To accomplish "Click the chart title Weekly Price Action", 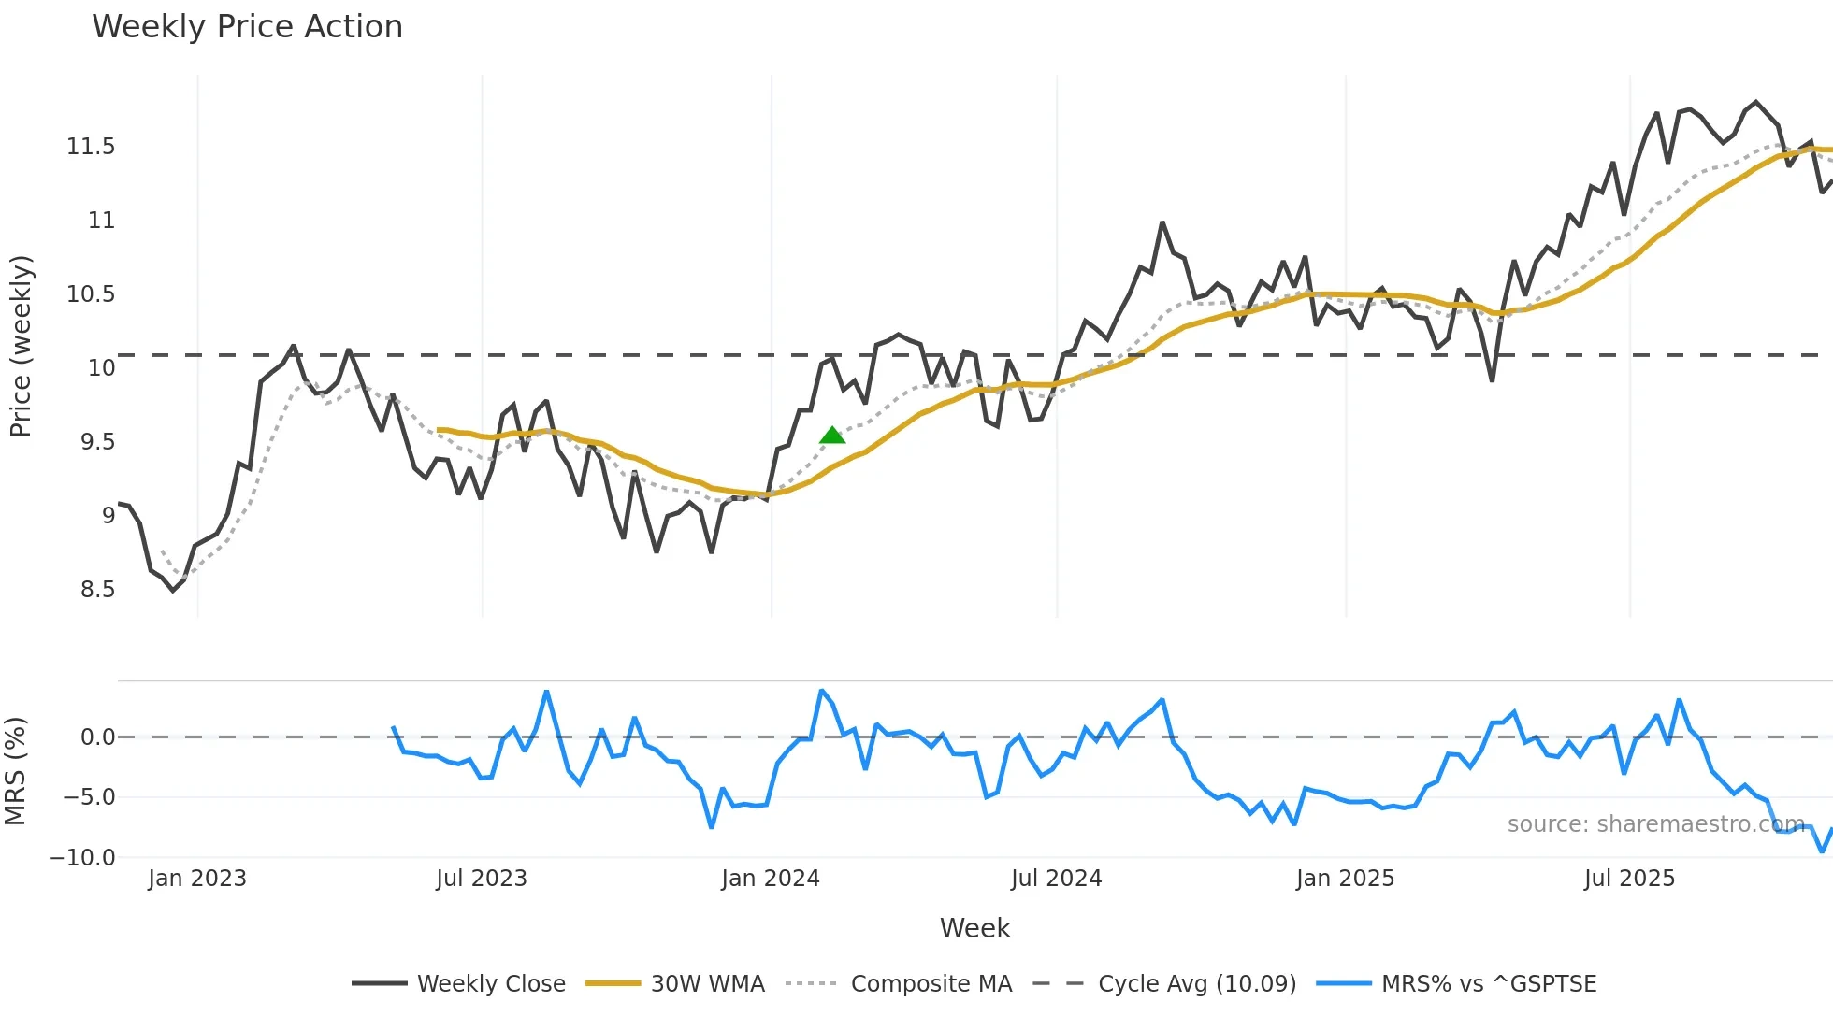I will coord(247,27).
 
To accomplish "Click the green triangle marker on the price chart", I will coord(832,436).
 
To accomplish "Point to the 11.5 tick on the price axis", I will coord(91,147).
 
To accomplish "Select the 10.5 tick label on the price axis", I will coord(91,294).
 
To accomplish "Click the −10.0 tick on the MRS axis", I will coord(82,857).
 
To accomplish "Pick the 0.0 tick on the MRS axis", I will coord(97,737).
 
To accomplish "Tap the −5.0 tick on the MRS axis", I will coord(89,797).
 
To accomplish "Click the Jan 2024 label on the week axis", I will coord(771,879).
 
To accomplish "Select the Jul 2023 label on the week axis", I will coord(482,879).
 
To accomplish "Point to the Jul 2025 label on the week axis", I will coord(1629,879).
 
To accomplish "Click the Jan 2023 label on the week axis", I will coord(197,879).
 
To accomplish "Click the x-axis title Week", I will coord(974,928).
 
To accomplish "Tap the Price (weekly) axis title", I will coord(21,346).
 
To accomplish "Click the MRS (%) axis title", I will coord(16,771).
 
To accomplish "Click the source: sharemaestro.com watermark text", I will coord(1655,824).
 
